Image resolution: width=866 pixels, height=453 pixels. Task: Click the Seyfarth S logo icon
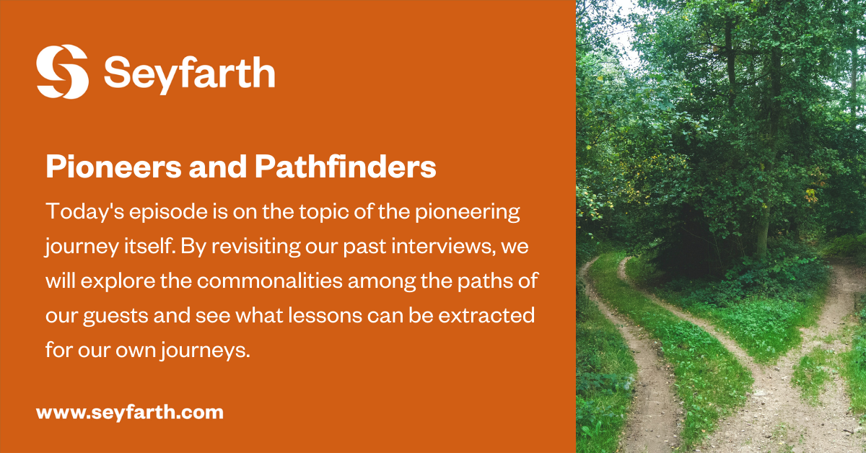(x=62, y=71)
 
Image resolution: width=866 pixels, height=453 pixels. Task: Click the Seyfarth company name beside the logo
(x=189, y=72)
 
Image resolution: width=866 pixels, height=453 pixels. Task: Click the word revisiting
(x=244, y=247)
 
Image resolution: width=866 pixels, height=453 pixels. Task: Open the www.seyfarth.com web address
(x=129, y=413)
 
